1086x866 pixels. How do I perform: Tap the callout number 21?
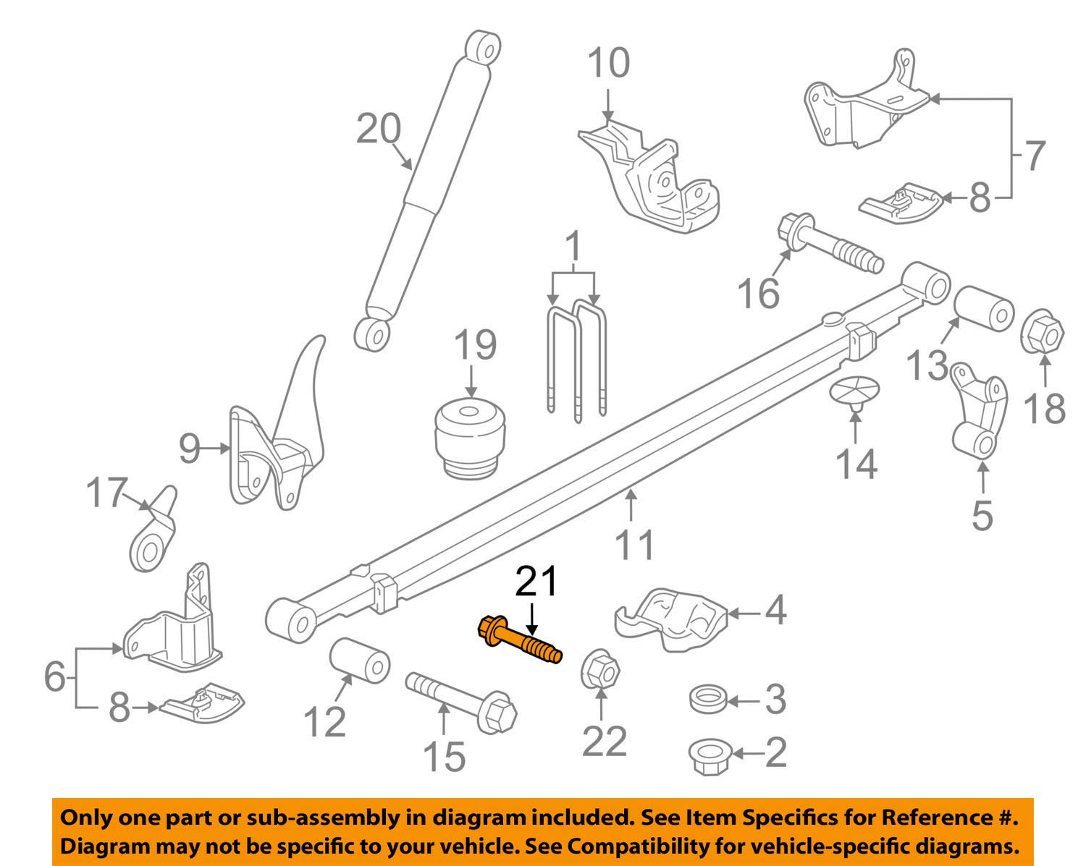click(536, 582)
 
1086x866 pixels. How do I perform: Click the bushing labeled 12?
click(360, 659)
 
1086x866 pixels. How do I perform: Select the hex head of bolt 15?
click(500, 715)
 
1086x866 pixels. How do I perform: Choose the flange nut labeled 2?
click(710, 756)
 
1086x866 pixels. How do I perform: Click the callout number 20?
click(378, 130)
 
